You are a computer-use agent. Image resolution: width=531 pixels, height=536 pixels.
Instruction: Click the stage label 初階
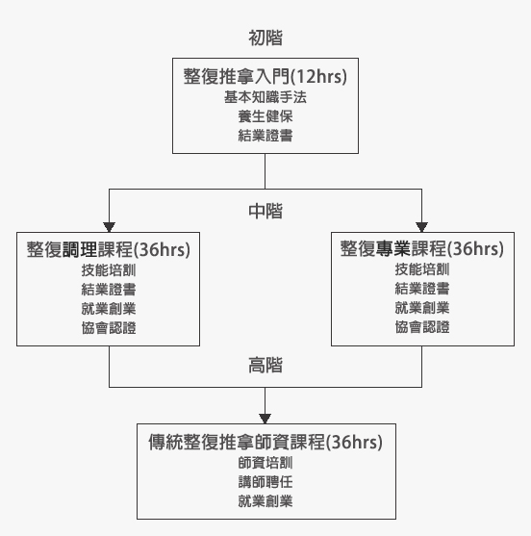point(265,38)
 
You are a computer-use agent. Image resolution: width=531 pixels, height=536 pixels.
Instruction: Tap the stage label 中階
point(265,211)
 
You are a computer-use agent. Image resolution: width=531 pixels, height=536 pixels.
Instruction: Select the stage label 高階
point(265,365)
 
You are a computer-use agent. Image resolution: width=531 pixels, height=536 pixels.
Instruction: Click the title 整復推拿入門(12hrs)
point(265,76)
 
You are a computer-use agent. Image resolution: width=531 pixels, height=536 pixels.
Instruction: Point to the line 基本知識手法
point(265,97)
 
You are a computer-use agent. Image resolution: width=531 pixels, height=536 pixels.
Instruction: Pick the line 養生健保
point(265,116)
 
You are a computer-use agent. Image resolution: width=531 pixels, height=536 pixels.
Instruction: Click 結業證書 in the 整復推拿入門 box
point(265,136)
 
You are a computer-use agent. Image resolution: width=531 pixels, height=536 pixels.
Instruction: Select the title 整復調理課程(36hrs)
point(109,249)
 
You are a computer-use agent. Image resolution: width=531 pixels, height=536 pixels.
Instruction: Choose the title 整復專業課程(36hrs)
point(422,248)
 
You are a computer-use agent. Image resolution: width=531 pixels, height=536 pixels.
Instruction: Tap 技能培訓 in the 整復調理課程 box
point(109,270)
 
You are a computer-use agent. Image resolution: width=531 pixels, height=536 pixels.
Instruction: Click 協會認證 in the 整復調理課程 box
point(109,328)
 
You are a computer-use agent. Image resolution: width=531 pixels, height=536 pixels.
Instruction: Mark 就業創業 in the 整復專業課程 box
point(422,308)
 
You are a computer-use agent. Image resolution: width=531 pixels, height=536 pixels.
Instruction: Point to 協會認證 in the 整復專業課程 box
point(422,327)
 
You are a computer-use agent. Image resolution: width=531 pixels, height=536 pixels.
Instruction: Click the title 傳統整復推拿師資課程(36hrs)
point(265,442)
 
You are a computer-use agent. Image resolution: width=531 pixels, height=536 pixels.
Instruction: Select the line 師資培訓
point(265,463)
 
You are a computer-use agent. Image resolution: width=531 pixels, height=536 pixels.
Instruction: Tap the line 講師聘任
point(265,482)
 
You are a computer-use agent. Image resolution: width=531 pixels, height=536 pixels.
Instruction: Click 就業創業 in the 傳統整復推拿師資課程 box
point(265,501)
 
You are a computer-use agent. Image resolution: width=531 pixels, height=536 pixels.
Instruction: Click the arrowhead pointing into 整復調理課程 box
point(109,227)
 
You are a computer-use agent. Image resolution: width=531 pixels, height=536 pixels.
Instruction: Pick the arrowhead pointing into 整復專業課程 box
point(421,227)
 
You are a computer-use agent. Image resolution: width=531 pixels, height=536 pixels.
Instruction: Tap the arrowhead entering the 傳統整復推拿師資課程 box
point(265,419)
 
